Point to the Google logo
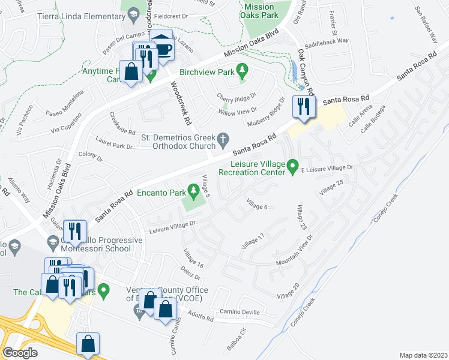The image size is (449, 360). (x=20, y=352)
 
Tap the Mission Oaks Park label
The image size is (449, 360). (x=259, y=11)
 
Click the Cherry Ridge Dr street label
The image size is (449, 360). (x=237, y=95)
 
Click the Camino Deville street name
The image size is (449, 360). (x=239, y=311)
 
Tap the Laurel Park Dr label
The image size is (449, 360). (x=114, y=145)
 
